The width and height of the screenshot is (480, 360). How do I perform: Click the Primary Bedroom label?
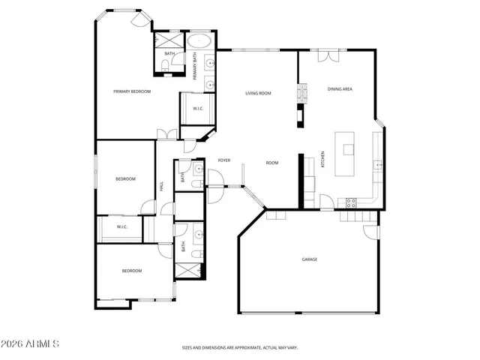coord(132,91)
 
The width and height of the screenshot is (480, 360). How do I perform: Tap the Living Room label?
coord(258,93)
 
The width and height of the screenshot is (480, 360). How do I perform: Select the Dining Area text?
coord(340,89)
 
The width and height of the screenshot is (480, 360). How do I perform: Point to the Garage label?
coord(310,259)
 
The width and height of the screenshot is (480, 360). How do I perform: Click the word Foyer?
coord(223,160)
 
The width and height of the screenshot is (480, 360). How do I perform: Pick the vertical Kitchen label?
coord(323,159)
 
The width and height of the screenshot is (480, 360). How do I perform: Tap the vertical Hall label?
coord(161,186)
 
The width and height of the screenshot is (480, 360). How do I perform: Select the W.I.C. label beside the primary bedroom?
coord(198,109)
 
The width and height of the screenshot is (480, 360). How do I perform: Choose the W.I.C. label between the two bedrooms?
coord(121,226)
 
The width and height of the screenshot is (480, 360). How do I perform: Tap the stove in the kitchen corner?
coord(350,202)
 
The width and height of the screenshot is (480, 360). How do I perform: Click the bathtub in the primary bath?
coord(199,40)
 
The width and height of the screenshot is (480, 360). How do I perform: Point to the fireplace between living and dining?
coord(303,93)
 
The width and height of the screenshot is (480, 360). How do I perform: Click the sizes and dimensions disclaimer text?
coord(240,348)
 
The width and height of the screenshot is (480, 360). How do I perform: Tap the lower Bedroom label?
coord(132,271)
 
